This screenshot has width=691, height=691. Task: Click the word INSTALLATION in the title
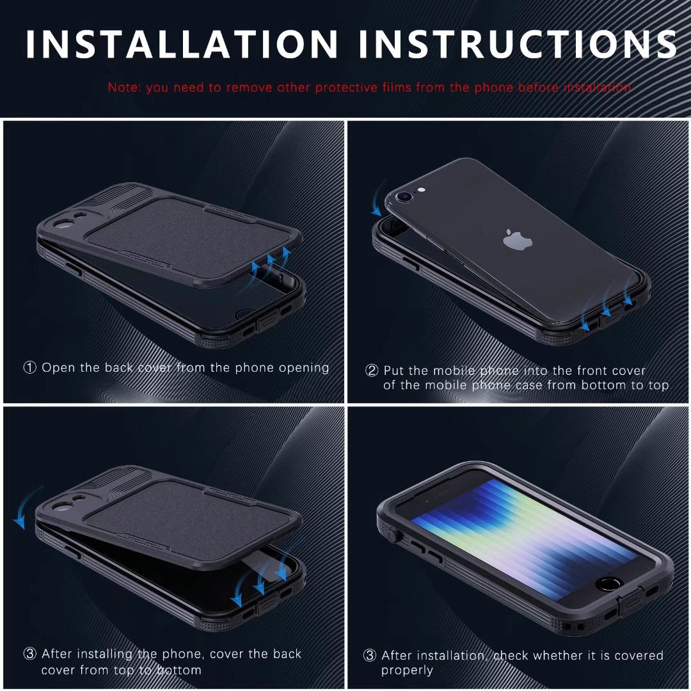point(182,44)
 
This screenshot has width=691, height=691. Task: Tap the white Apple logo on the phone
point(518,240)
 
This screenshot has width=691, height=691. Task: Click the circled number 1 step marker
point(30,368)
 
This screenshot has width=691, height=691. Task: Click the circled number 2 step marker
point(372,371)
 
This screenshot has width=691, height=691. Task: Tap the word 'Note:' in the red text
point(125,87)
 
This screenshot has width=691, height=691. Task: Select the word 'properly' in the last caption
point(407,671)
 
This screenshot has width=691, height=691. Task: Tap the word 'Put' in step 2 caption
point(393,371)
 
